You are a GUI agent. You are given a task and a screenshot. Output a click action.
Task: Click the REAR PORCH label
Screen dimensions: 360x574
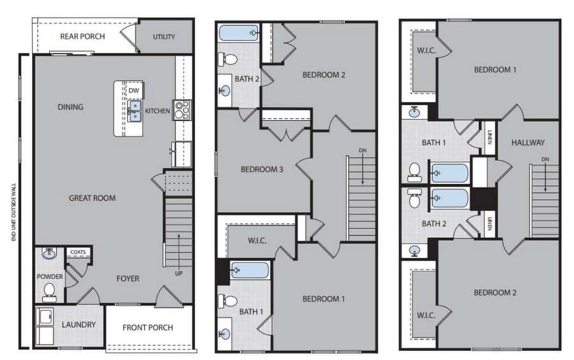(82, 36)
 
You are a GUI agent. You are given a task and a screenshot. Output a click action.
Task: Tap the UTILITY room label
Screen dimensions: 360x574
(163, 37)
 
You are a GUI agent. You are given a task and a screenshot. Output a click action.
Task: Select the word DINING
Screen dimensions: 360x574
(70, 107)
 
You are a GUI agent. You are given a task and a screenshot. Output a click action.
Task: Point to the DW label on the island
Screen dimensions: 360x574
(134, 91)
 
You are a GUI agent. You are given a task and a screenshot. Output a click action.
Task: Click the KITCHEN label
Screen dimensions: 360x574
(157, 111)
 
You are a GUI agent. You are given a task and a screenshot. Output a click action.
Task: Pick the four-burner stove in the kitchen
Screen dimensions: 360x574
(182, 110)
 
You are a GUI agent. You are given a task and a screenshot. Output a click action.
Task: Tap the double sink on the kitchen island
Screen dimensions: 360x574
(135, 112)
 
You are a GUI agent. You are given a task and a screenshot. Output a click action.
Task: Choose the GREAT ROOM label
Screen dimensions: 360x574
(92, 198)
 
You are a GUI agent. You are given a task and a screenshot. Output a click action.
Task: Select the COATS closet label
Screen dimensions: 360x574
(78, 252)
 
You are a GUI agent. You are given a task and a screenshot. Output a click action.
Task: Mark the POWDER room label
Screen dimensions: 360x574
(50, 277)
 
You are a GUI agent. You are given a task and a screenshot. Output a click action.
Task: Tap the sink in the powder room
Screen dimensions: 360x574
(48, 253)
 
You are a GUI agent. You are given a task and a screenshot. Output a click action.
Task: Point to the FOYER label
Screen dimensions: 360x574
(128, 279)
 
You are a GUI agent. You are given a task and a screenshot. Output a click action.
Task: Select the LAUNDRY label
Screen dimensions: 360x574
(78, 324)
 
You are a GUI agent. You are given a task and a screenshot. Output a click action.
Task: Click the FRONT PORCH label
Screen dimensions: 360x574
(147, 328)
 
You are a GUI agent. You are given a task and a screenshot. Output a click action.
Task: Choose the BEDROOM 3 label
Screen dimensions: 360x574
(261, 170)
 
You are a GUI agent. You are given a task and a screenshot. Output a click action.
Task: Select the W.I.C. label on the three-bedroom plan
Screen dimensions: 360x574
(256, 240)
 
